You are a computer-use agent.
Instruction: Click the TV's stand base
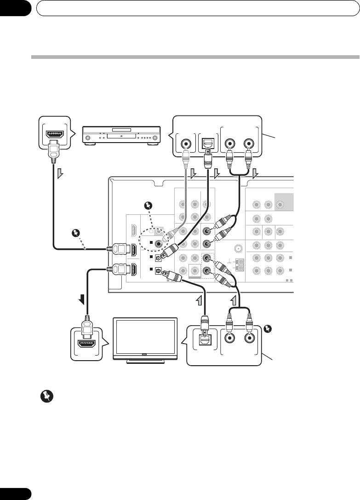coord(145,361)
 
